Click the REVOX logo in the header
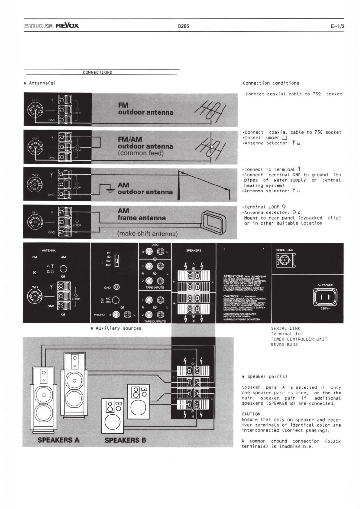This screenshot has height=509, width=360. tap(67, 25)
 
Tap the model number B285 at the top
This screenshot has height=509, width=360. tap(183, 26)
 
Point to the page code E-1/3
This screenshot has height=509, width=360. tap(337, 26)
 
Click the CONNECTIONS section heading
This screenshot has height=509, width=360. tap(97, 73)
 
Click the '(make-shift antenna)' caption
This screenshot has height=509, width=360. tap(147, 234)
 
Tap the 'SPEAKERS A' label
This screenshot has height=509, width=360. tap(59, 440)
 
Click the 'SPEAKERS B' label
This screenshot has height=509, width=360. tap(125, 440)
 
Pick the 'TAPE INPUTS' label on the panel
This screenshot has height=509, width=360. tap(155, 287)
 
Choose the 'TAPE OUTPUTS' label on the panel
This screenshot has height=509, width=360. tap(155, 321)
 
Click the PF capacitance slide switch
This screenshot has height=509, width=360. tap(117, 261)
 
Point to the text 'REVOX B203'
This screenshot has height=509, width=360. tap(284, 345)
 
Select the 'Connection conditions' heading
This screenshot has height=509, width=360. tap(271, 83)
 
